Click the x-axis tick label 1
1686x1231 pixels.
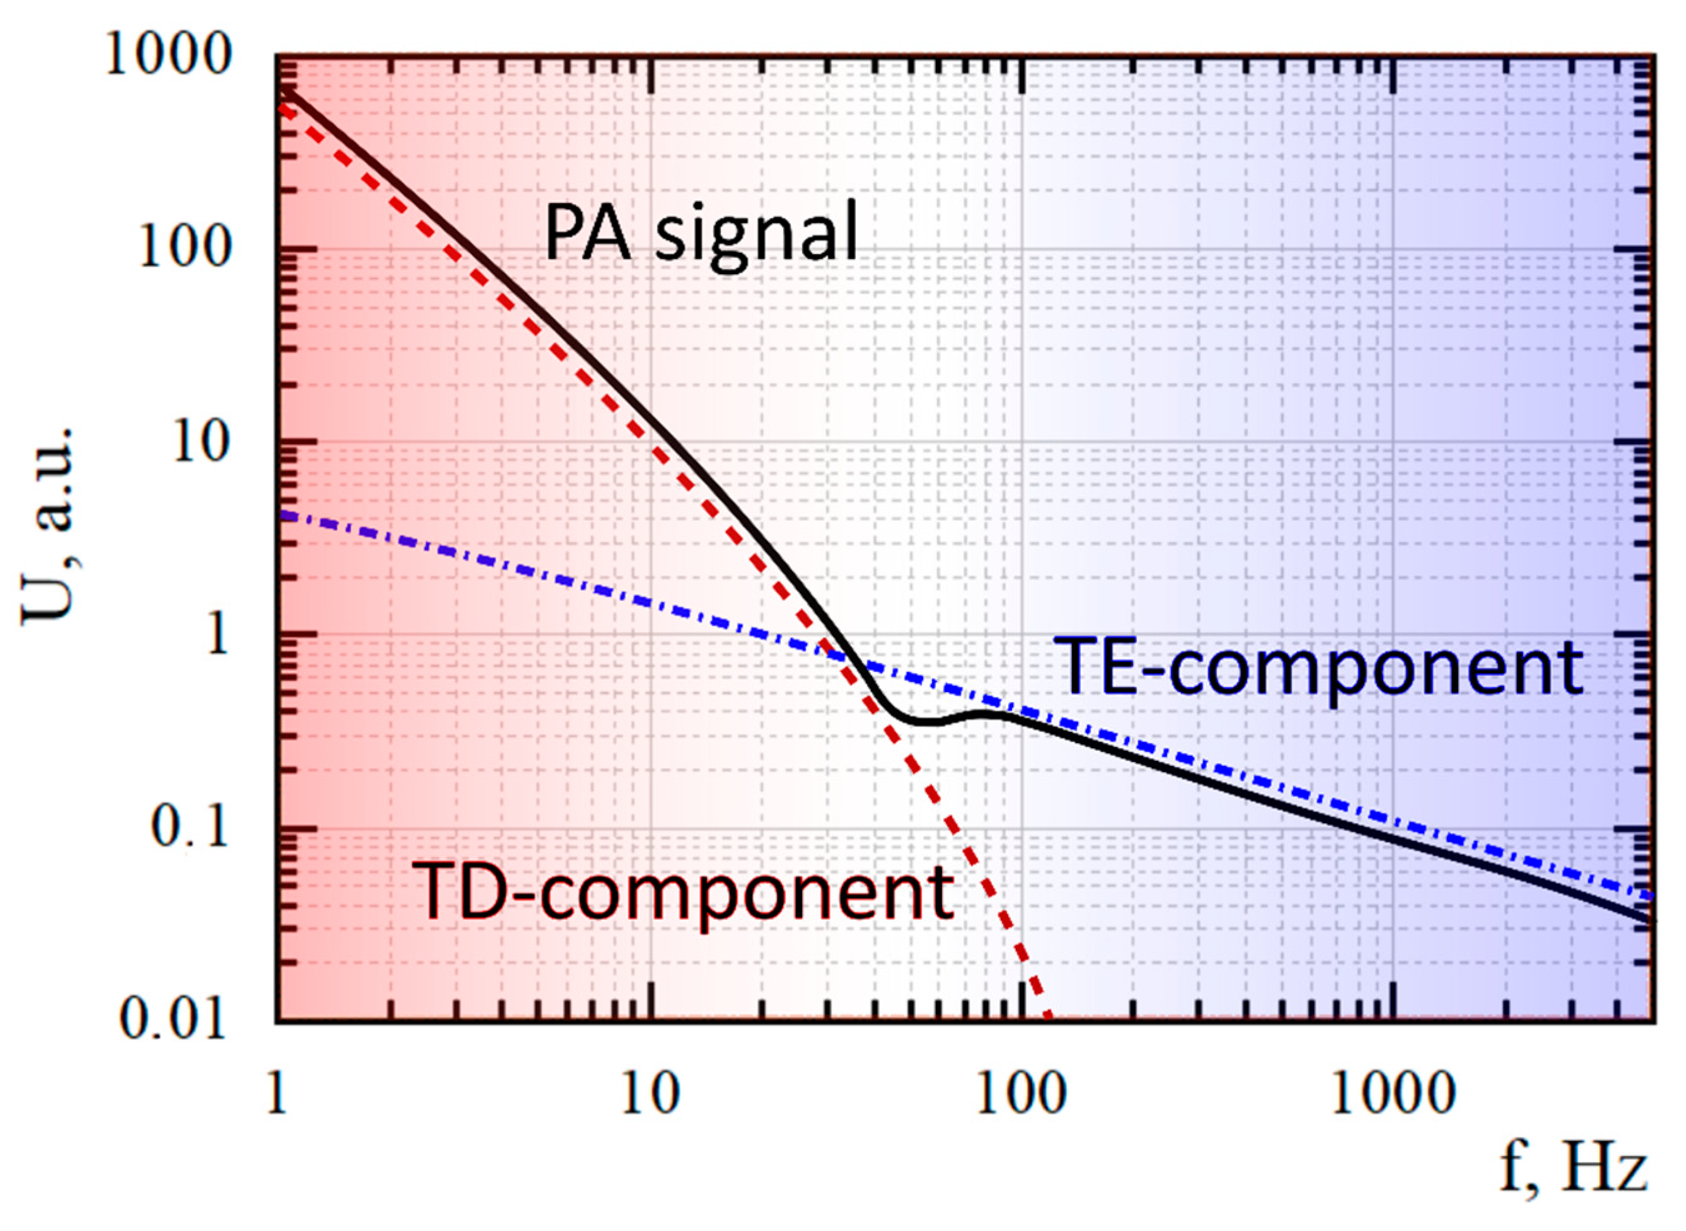(277, 1095)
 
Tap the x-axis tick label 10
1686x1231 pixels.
(652, 1095)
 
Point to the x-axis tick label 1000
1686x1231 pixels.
(1392, 1095)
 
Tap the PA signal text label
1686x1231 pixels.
(701, 233)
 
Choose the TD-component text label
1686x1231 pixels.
(683, 891)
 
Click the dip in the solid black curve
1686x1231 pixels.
(921, 721)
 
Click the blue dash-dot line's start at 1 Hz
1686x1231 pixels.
(279, 513)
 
